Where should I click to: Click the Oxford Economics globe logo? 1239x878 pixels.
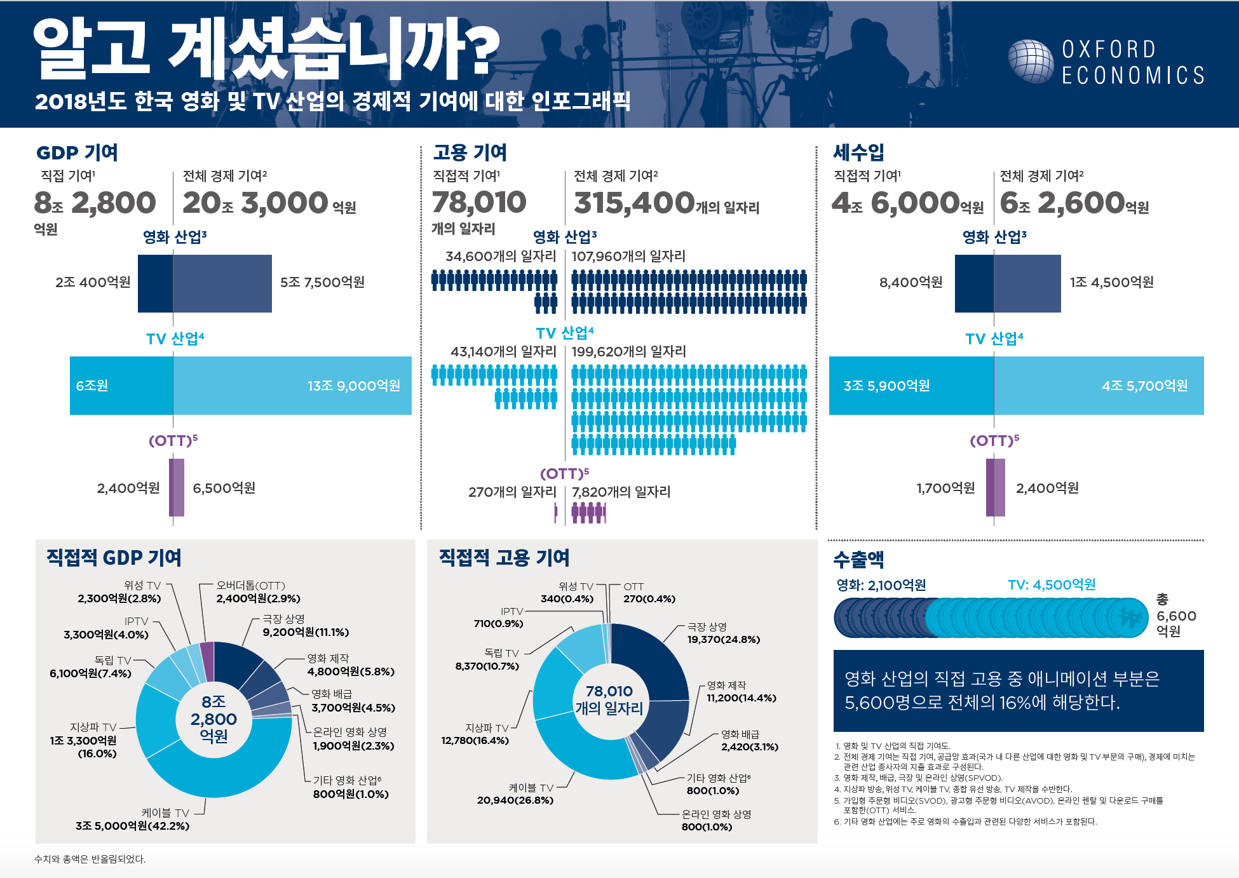click(x=1030, y=62)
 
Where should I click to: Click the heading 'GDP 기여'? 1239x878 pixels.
click(x=77, y=152)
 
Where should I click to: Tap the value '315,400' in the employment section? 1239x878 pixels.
click(x=633, y=203)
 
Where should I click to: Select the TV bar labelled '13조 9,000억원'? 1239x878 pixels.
click(x=292, y=386)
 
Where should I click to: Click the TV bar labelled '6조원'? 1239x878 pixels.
click(x=121, y=386)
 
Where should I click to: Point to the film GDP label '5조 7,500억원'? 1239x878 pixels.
click(x=322, y=282)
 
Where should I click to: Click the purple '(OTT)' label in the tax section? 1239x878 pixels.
click(x=994, y=440)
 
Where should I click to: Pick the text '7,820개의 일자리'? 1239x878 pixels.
click(x=621, y=492)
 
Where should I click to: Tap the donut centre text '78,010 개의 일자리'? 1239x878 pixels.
click(x=609, y=699)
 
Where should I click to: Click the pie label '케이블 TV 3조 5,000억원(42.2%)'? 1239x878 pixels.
click(x=133, y=820)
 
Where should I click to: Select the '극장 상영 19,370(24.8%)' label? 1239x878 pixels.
click(x=723, y=633)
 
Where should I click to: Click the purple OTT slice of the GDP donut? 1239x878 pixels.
click(x=207, y=652)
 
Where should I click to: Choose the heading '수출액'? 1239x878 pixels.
click(x=858, y=560)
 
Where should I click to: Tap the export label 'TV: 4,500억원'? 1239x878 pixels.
click(x=1052, y=584)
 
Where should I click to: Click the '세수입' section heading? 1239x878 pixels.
click(x=858, y=152)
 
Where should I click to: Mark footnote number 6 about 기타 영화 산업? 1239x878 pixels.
click(x=966, y=821)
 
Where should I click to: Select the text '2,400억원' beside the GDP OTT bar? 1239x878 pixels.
click(x=128, y=488)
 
